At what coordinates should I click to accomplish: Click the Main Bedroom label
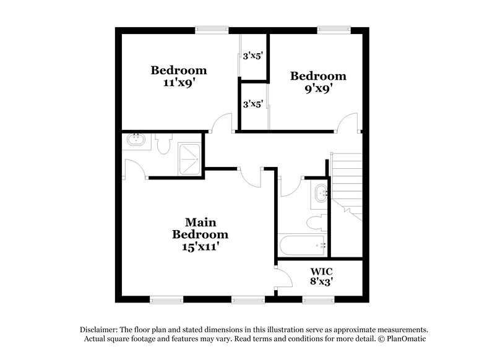click(200, 228)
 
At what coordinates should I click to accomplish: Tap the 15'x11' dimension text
click(200, 246)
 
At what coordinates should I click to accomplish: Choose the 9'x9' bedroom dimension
click(318, 88)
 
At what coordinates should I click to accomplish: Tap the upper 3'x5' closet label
click(253, 56)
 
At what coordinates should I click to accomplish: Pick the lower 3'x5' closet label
click(253, 104)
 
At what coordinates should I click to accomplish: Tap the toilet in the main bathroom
click(163, 145)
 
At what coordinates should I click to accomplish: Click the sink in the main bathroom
click(136, 140)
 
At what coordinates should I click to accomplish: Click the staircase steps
click(348, 179)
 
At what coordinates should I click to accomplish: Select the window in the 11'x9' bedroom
click(211, 28)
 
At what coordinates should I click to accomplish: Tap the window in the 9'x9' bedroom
click(334, 28)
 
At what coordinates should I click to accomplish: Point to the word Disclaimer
click(100, 330)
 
